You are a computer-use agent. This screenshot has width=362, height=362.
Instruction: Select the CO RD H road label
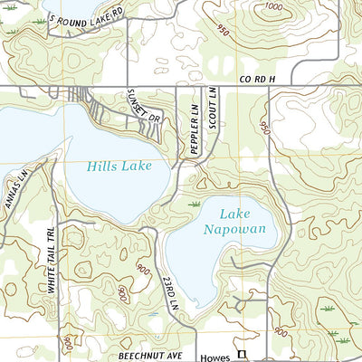257,81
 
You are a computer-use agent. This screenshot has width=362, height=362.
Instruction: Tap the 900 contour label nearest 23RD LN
142,268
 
